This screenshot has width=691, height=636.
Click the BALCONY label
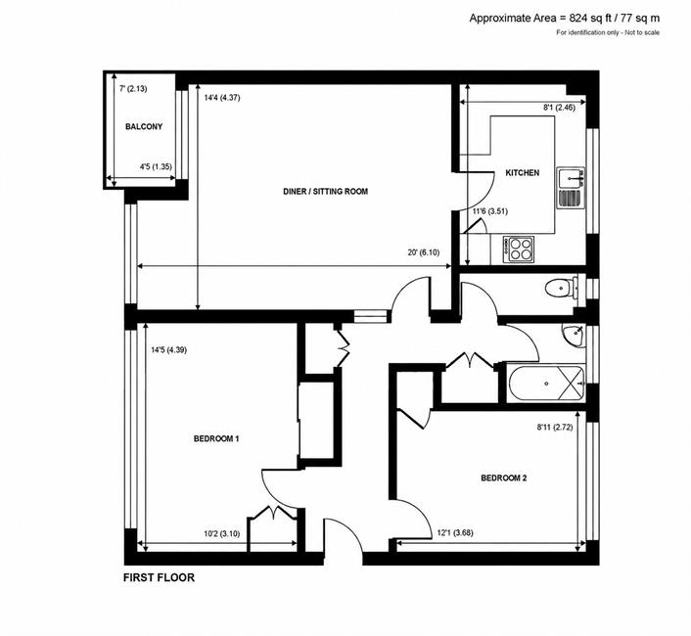[x=144, y=127]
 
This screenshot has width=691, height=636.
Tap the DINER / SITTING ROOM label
[x=325, y=192]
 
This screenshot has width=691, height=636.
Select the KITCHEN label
[x=523, y=172]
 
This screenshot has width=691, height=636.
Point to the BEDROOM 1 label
[x=216, y=438]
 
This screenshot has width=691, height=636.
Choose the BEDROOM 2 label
[x=504, y=477]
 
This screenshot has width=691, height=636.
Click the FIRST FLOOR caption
[x=159, y=577]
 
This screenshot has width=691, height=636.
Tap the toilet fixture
[x=562, y=288]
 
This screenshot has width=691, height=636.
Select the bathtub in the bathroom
[x=546, y=384]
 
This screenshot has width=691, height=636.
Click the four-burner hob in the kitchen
[x=519, y=250]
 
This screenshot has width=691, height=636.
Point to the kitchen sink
[x=571, y=188]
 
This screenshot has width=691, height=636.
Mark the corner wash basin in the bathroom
[x=574, y=335]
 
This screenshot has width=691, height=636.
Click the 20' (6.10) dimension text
[x=424, y=252]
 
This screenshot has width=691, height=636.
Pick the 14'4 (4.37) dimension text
[x=222, y=98]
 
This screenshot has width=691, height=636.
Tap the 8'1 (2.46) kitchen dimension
[x=559, y=107]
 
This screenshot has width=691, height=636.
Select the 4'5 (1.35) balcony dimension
[x=156, y=167]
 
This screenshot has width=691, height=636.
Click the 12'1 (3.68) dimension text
[x=455, y=533]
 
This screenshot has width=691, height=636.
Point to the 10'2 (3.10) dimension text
[x=221, y=534]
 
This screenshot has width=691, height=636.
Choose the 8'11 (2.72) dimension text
[x=555, y=427]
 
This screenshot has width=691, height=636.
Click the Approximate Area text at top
[x=565, y=18]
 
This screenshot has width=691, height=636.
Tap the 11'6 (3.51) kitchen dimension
[x=490, y=211]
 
